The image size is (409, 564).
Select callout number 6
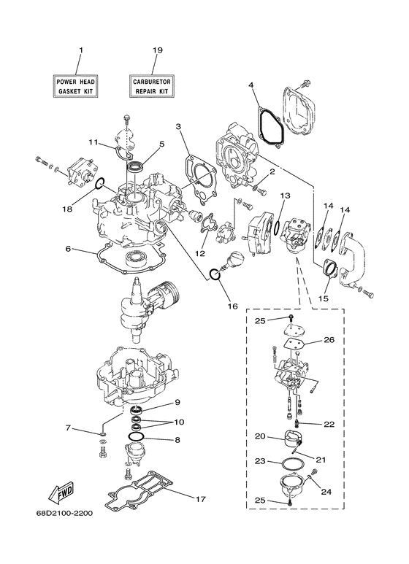pos(67,249)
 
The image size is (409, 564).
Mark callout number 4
pos(251,85)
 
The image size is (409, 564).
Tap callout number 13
pos(285,196)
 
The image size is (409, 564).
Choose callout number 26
pos(328,339)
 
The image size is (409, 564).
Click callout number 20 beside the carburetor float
pos(259,436)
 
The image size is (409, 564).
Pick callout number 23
pos(259,461)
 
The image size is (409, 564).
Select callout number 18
pos(67,209)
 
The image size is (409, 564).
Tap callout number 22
pos(328,424)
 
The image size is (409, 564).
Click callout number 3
pos(178,127)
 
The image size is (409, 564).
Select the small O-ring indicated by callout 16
pos(213,274)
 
